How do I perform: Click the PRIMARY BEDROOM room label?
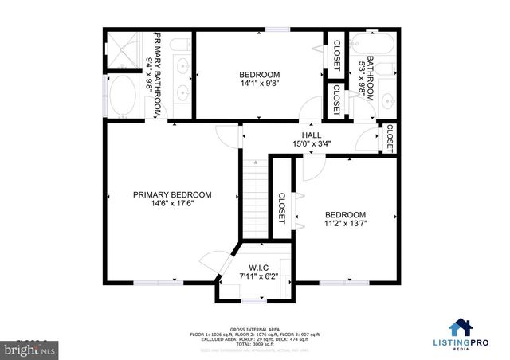coord(172,194)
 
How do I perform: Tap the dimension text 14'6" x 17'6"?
coord(172,204)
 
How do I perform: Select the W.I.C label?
coord(258,267)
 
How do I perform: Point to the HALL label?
coord(311,135)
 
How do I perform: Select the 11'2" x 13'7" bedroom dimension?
coord(345,225)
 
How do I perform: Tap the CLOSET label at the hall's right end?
coord(390,138)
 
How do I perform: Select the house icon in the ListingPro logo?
coord(460,328)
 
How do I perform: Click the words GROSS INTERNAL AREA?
coord(255,327)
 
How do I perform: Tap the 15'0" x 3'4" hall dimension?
coord(311,144)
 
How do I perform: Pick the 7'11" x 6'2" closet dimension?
coord(258,276)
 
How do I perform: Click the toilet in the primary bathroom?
coord(181,45)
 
